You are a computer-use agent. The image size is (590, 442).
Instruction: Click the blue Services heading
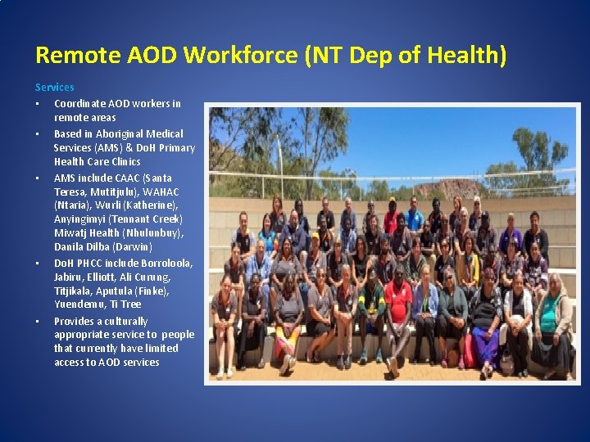[54, 87]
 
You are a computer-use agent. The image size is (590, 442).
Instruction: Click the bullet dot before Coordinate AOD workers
[38, 104]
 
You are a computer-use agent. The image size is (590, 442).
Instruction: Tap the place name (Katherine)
[149, 205]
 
